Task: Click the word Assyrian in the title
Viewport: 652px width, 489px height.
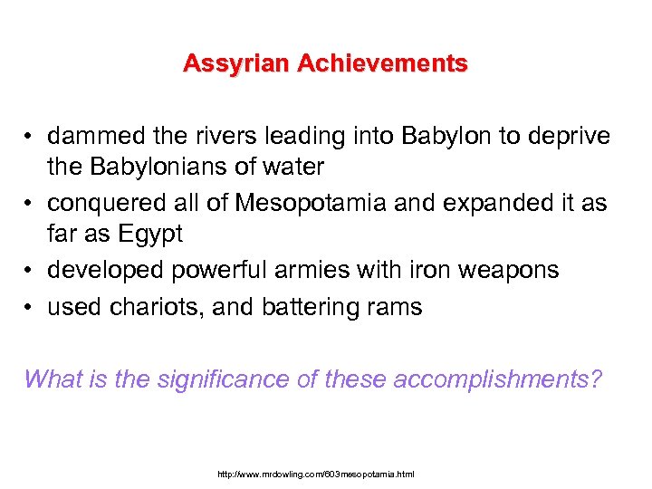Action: (236, 64)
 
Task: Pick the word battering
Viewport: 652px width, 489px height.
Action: (311, 307)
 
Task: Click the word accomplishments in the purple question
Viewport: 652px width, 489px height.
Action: (497, 379)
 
